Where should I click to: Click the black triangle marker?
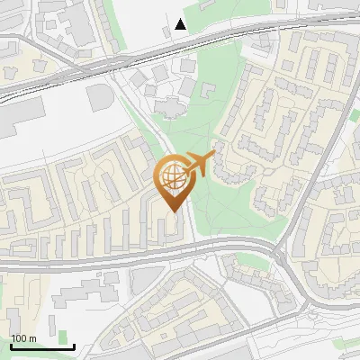[181, 24]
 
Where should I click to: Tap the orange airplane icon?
[200, 164]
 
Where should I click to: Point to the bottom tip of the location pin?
[174, 211]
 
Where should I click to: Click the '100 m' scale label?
[23, 338]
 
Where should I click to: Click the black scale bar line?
[41, 346]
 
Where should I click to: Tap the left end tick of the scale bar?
[9, 345]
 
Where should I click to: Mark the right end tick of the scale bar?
[74, 345]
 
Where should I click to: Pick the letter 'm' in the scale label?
[32, 338]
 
